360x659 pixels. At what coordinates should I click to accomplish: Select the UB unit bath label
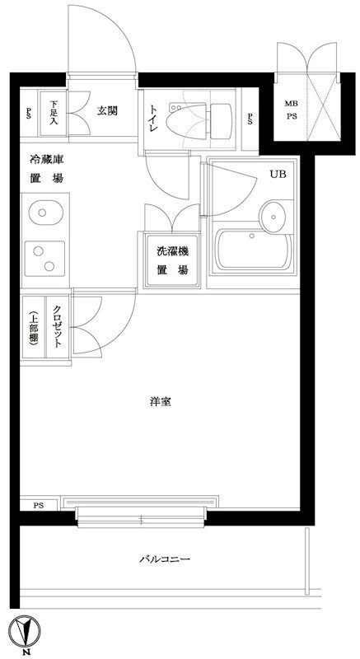click(x=276, y=173)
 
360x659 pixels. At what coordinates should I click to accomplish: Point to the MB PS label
click(x=291, y=110)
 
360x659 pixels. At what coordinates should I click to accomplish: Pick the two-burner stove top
click(x=41, y=259)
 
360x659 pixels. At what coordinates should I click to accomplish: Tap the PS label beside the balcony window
click(x=38, y=505)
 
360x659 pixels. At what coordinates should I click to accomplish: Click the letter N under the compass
click(x=29, y=652)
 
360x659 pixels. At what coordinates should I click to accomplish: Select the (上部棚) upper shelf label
click(x=32, y=327)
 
